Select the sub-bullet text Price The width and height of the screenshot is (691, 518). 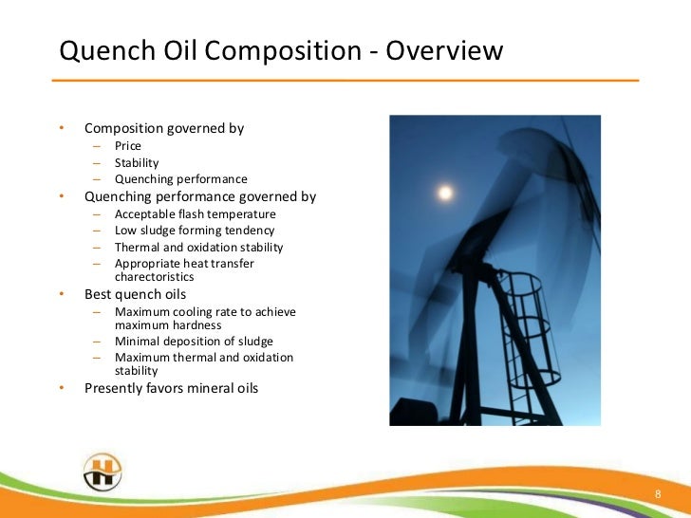coord(128,147)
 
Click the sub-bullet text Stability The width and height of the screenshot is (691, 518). coord(137,163)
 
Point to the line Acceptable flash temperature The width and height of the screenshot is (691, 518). coord(195,214)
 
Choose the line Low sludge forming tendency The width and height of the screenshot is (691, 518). coord(195,231)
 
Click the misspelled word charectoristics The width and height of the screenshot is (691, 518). coord(154,277)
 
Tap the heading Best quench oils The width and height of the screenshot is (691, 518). coord(136,294)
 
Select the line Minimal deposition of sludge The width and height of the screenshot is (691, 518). coord(194,342)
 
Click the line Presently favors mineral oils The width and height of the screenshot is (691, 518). coord(171,388)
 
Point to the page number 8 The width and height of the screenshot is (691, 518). coord(657,495)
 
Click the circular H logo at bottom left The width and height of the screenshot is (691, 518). coord(102,472)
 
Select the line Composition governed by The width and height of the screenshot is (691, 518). coord(164,128)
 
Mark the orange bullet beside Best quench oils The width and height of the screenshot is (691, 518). coord(61,294)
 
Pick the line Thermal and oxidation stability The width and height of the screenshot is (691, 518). coord(198,247)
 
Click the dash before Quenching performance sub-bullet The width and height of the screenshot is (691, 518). coord(96,179)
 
